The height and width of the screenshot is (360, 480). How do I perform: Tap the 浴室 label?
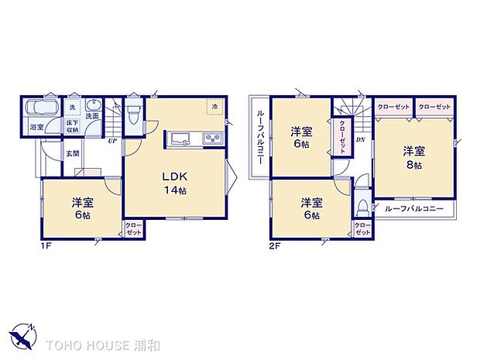pos(36,126)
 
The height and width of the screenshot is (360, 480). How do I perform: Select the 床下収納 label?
pos(72,127)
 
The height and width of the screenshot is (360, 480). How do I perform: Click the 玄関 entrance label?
pos(72,153)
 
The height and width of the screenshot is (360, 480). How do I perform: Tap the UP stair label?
pos(113,142)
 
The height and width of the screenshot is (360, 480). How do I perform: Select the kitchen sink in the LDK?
pos(179,140)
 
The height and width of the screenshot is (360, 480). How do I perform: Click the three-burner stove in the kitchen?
pos(211,140)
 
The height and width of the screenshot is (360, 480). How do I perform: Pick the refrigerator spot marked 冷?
pos(212,108)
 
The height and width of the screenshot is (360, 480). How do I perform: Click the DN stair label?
pos(360,139)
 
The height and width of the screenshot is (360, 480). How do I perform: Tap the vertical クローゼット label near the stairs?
pos(341,142)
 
